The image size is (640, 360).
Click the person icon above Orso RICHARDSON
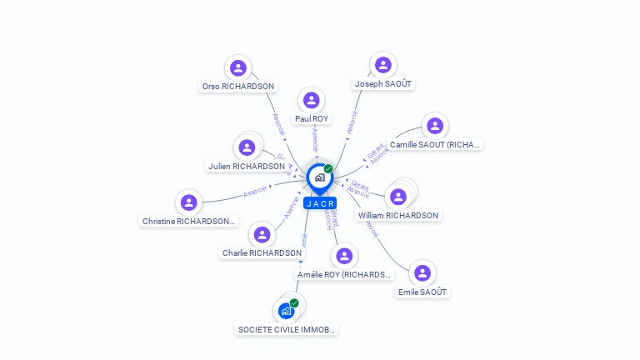[238, 68]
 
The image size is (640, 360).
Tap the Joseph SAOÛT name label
[383, 84]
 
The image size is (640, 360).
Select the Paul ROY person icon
[312, 101]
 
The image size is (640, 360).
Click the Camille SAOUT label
[435, 144]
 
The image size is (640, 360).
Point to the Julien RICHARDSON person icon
[247, 147]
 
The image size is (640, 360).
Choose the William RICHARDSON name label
[398, 215]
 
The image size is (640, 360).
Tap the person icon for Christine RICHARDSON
[189, 202]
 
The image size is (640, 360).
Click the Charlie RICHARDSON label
[262, 252]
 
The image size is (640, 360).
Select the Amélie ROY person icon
[344, 255]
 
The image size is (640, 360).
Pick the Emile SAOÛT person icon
[422, 273]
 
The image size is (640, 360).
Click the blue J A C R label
[320, 203]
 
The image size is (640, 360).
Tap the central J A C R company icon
[319, 177]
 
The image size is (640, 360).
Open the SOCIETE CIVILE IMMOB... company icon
[287, 311]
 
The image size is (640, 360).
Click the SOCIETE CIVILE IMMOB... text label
[287, 329]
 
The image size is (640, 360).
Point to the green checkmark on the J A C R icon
[328, 169]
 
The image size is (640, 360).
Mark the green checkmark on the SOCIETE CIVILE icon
[294, 303]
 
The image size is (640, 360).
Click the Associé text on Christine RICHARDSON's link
[255, 191]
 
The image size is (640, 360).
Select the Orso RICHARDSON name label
[238, 86]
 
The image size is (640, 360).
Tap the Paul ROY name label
[312, 119]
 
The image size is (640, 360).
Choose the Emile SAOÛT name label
[422, 292]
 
